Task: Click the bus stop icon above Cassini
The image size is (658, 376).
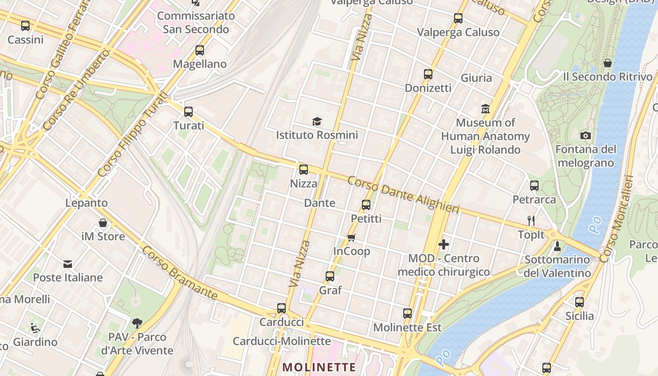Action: (x=25, y=26)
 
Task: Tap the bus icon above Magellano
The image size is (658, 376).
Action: (x=200, y=50)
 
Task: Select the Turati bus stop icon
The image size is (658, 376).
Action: (x=188, y=112)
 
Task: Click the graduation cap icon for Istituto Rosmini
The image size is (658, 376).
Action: (x=317, y=122)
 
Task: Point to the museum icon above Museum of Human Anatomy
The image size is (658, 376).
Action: (x=486, y=109)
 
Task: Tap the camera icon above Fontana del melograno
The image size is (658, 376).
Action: (x=586, y=136)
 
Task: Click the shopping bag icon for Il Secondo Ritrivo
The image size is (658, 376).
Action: (x=608, y=63)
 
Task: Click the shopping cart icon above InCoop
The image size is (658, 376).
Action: (x=352, y=237)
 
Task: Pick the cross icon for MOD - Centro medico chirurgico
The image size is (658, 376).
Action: (x=443, y=244)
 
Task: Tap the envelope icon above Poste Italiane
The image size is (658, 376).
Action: (x=68, y=264)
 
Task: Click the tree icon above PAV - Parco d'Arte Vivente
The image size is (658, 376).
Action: (x=137, y=323)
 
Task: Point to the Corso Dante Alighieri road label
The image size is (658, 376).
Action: (x=403, y=195)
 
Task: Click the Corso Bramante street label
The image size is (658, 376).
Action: (x=180, y=273)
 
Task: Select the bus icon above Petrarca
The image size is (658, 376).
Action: (x=534, y=186)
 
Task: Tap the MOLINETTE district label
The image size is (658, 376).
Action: (x=320, y=367)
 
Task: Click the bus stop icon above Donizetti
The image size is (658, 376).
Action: (x=428, y=74)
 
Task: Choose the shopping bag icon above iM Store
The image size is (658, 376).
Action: (x=103, y=223)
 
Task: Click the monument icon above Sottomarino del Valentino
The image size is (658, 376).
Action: (x=557, y=246)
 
